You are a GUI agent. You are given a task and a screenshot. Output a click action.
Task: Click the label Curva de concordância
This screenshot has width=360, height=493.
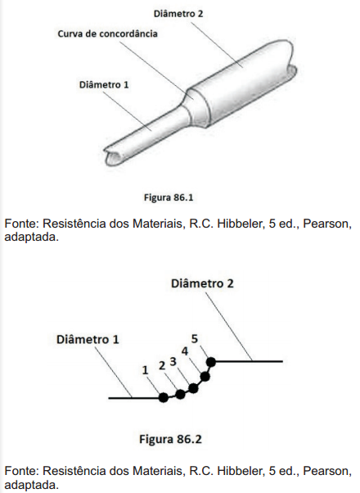107,34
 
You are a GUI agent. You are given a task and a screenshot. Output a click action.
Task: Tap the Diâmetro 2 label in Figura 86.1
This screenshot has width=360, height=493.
178,14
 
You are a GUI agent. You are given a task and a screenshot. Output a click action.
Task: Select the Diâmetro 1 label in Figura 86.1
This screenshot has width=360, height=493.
104,85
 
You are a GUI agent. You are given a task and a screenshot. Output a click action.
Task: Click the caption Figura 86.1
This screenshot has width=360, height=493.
169,197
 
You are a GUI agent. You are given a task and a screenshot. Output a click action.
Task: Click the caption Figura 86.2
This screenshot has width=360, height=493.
170,439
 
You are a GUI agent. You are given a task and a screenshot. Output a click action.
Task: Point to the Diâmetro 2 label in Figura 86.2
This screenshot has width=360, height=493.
202,283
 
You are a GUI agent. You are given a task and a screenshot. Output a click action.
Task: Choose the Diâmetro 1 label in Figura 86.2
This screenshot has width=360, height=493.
88,340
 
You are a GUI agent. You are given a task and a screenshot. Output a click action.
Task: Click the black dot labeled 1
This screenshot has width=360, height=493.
164,397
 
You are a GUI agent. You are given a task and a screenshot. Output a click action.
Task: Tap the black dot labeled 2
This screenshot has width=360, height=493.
180,394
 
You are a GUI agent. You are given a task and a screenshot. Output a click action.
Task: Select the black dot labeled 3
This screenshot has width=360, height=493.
194,388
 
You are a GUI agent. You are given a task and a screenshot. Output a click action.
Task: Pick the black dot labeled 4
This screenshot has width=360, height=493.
205,377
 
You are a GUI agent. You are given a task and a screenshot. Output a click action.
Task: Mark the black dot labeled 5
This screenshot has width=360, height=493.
211,362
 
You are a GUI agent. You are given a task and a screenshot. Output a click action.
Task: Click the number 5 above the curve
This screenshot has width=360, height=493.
195,339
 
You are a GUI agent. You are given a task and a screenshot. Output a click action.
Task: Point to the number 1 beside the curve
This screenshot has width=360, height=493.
145,370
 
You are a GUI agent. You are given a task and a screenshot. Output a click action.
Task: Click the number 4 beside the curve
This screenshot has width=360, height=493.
185,351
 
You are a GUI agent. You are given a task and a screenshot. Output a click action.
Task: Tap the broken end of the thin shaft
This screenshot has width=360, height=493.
113,156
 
